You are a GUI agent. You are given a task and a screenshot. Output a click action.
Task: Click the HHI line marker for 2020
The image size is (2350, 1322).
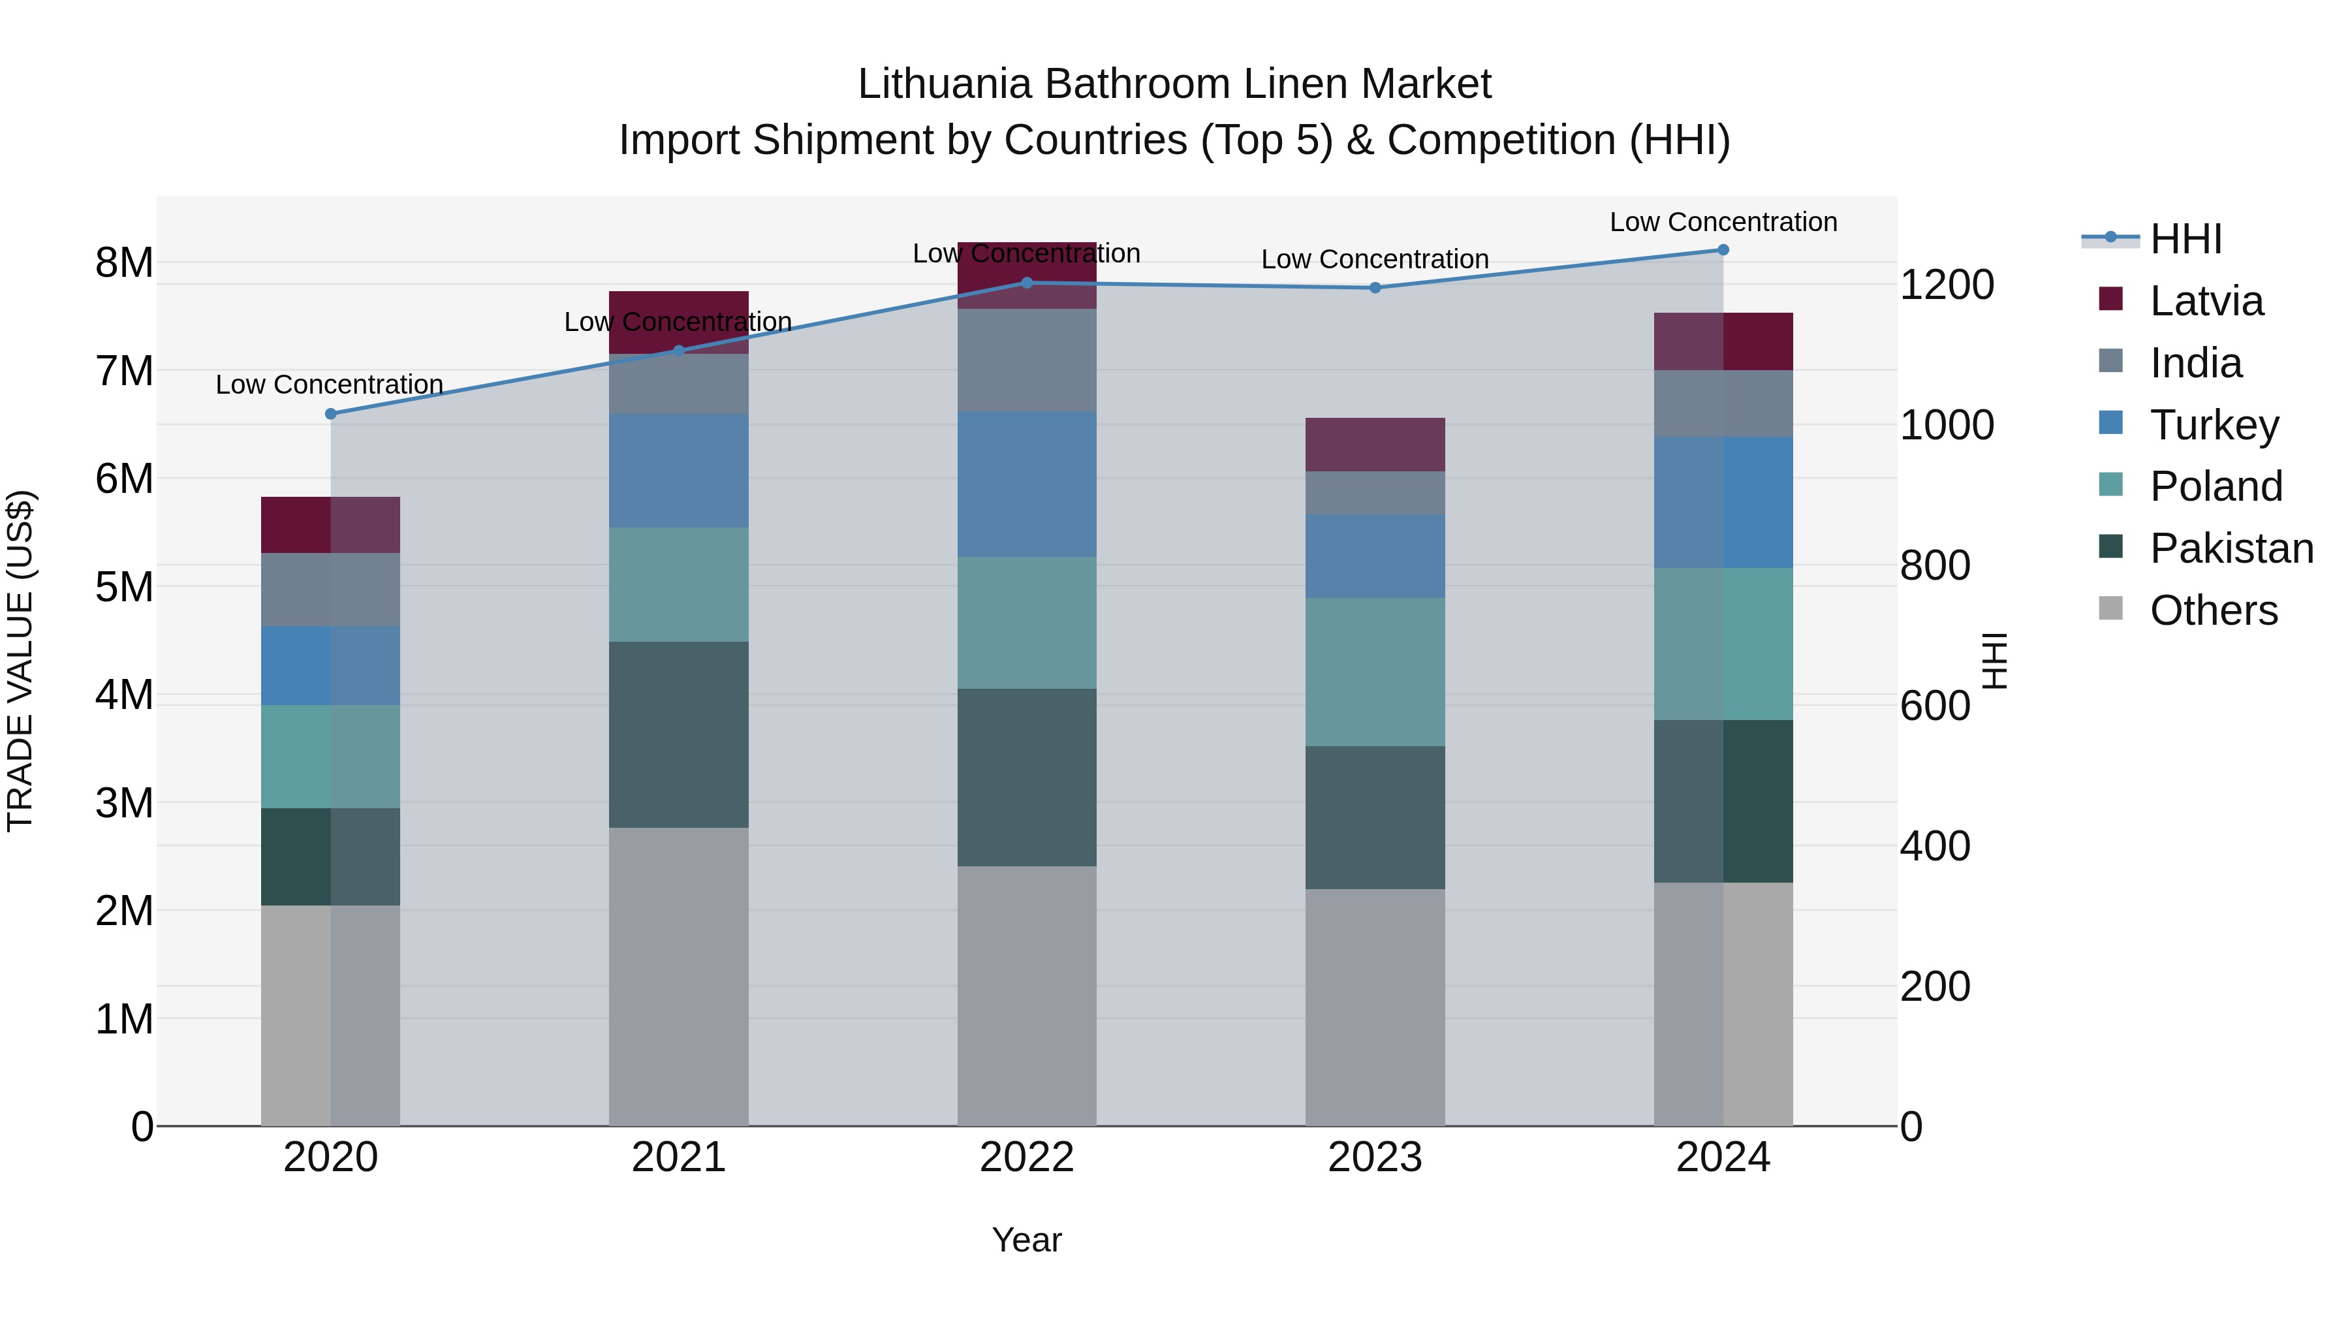(331, 414)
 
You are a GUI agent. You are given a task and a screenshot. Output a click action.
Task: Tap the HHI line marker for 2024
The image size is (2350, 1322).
(1723, 250)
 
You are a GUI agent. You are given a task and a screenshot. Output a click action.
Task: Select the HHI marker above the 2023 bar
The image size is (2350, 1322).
(1375, 289)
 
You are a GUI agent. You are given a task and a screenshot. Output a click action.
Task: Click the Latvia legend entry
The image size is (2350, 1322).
(2206, 301)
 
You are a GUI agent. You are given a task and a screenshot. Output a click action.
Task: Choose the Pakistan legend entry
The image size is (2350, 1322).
(2231, 548)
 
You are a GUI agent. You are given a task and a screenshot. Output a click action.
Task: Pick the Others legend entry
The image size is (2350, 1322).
(2213, 610)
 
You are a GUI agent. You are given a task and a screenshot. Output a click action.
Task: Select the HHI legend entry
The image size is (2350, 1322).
(2185, 239)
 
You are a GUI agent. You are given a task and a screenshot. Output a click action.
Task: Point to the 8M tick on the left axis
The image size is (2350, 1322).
(124, 262)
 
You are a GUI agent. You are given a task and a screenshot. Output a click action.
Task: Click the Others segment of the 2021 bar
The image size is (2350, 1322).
(679, 976)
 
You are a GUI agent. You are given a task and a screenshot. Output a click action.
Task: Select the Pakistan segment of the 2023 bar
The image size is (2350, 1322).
(1375, 817)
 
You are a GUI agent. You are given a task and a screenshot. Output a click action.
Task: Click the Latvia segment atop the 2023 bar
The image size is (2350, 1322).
(1375, 445)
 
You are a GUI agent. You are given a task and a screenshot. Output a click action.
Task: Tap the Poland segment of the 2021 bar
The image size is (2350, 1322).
(679, 585)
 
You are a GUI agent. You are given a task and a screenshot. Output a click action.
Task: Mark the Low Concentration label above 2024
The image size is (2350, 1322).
(1723, 222)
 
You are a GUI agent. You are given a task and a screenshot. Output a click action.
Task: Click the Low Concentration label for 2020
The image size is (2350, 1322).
(330, 385)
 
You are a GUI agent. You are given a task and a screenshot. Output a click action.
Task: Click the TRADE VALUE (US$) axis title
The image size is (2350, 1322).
(20, 661)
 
